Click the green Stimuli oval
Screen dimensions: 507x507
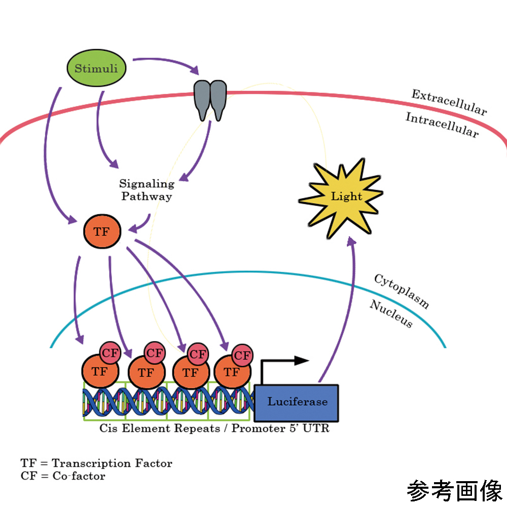[x=96, y=68]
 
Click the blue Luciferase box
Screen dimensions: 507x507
[x=297, y=403]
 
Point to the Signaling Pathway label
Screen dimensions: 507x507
[x=146, y=190]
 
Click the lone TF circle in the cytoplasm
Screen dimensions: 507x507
[x=102, y=232]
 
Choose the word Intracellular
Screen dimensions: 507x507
[x=442, y=125]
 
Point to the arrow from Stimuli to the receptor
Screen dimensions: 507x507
[x=167, y=63]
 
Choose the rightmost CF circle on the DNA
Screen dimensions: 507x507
[x=242, y=355]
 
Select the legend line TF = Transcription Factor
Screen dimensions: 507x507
[x=96, y=463]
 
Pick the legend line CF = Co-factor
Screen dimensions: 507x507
[x=63, y=476]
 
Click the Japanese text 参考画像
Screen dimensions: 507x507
[x=454, y=491]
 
